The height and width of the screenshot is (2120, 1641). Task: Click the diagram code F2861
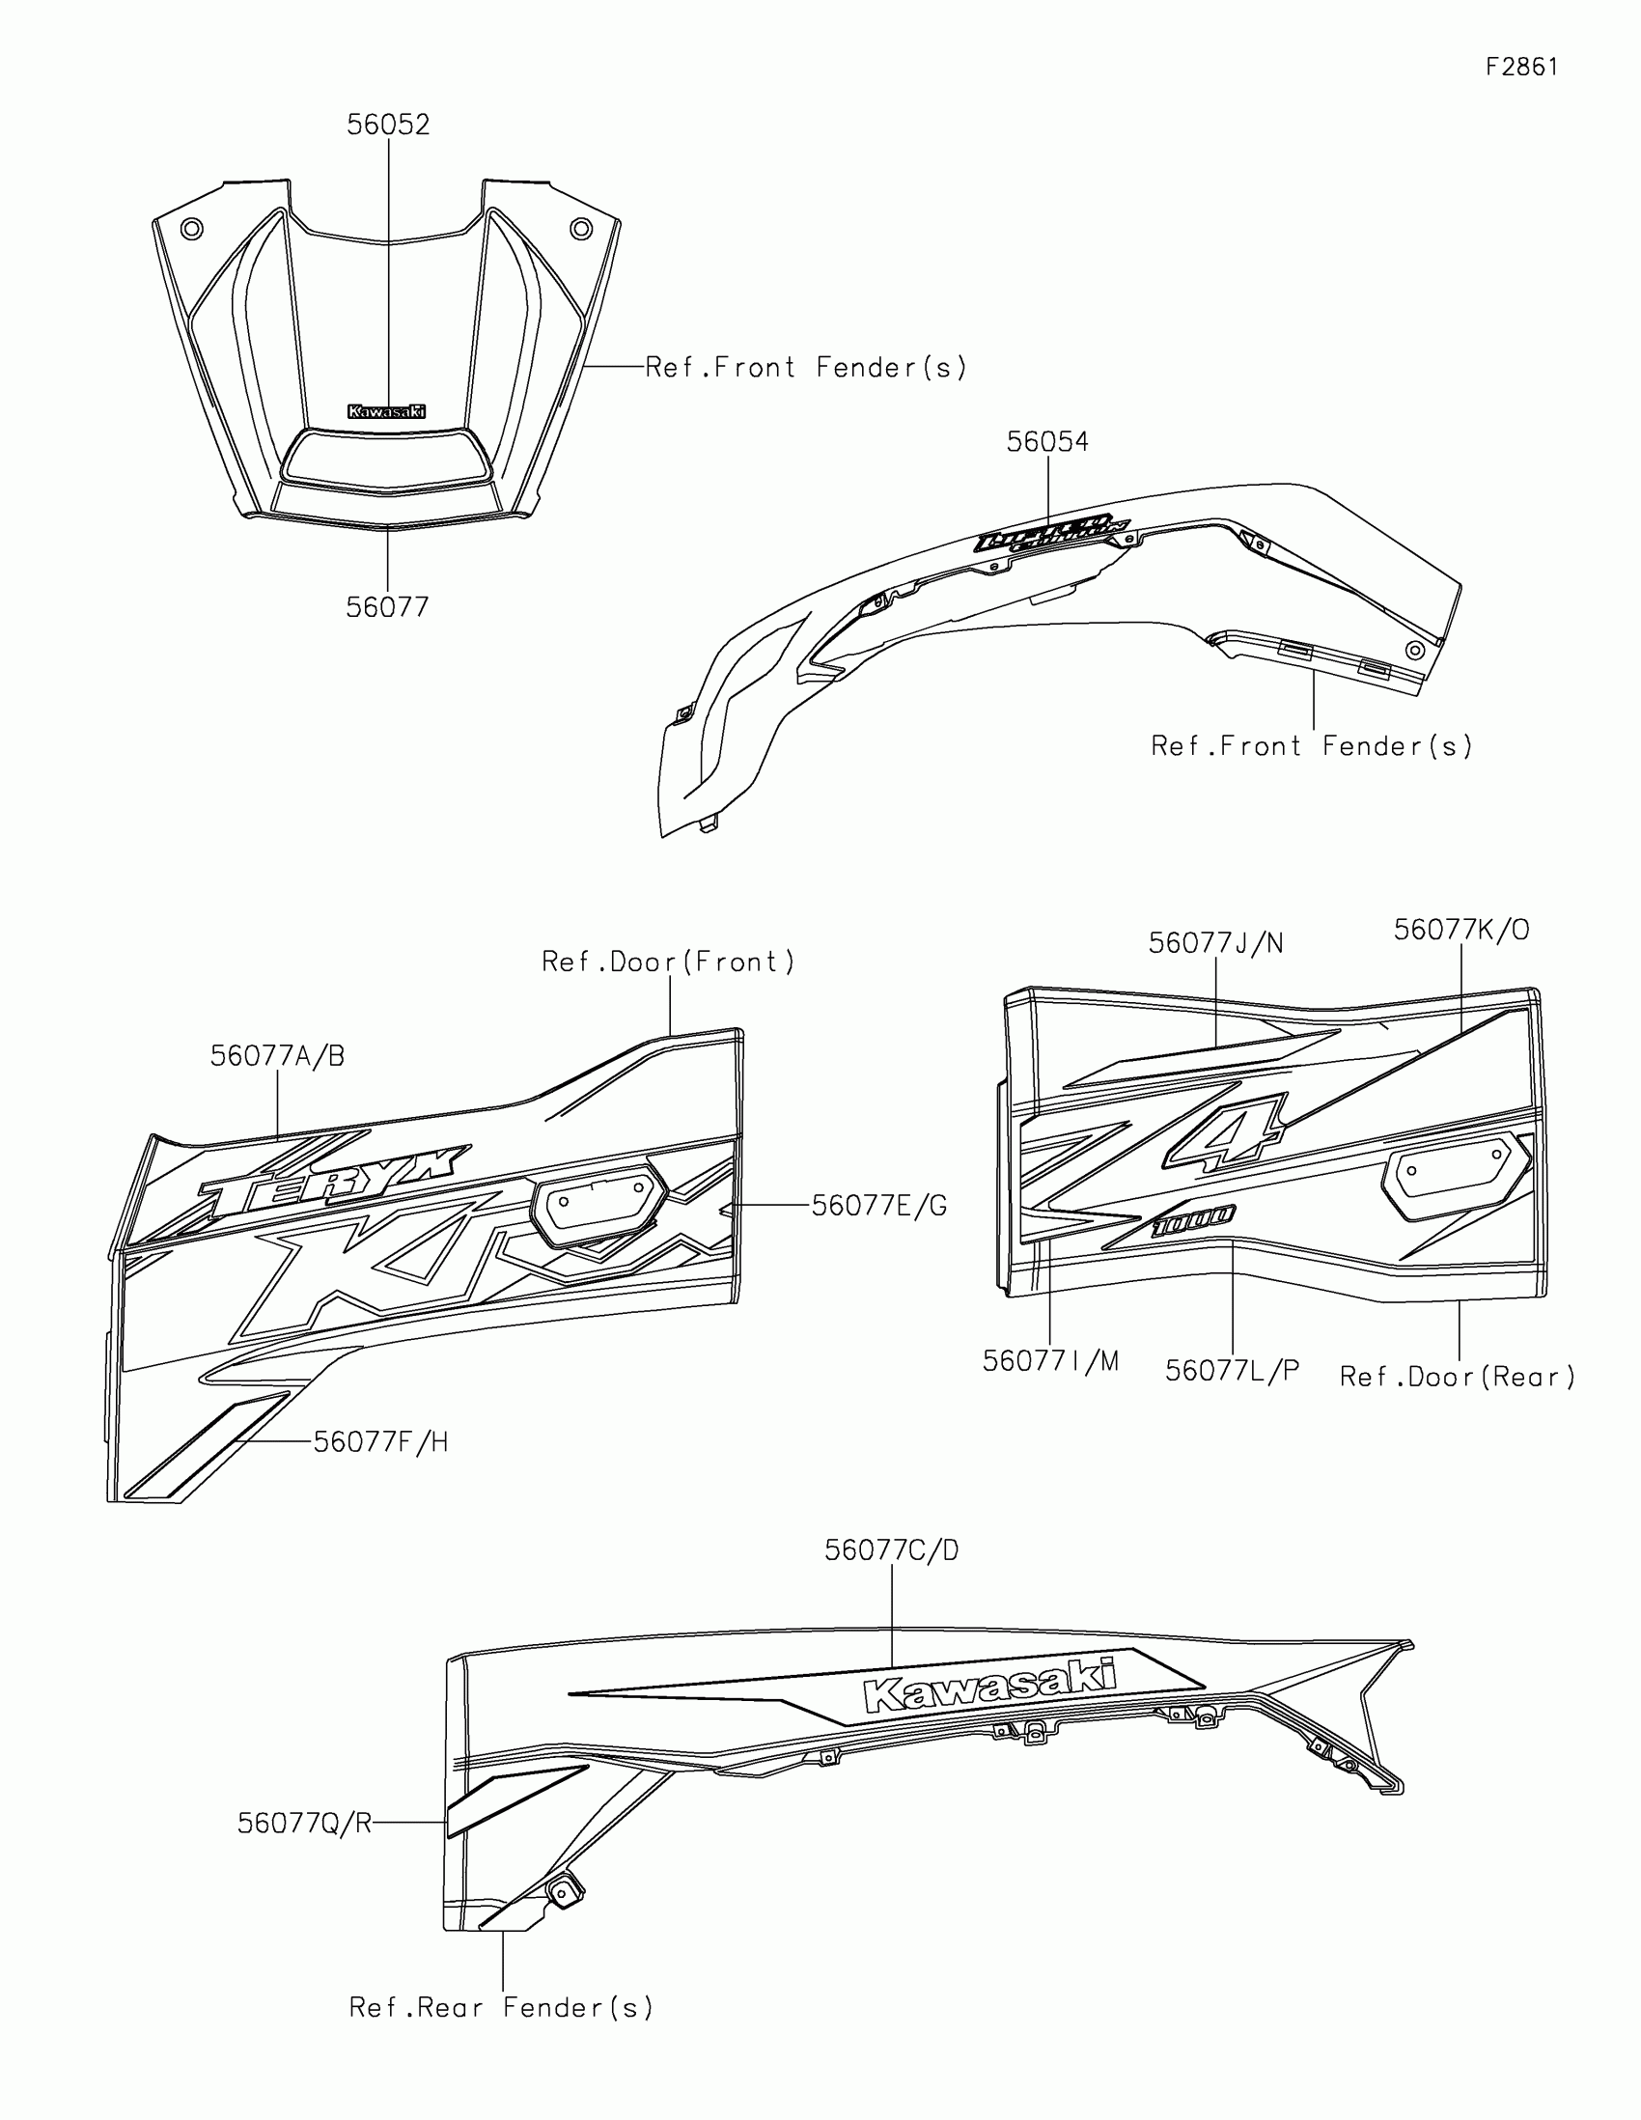(x=1521, y=67)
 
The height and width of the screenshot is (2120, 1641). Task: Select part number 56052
(x=388, y=126)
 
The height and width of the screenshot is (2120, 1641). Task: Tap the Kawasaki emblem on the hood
(x=386, y=411)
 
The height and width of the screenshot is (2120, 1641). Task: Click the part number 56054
(x=1047, y=442)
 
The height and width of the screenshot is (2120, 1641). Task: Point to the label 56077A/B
(x=278, y=1056)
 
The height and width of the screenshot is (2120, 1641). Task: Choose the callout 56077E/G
(x=878, y=1206)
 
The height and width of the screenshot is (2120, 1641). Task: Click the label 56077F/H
(x=380, y=1442)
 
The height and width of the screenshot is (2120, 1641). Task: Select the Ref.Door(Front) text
(x=668, y=962)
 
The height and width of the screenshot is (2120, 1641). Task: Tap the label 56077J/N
(x=1215, y=943)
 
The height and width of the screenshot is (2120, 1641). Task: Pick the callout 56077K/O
(x=1460, y=930)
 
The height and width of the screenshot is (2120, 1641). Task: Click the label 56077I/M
(x=1050, y=1362)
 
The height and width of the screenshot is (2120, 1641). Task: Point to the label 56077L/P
(x=1232, y=1371)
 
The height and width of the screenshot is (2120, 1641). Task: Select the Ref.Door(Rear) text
(x=1457, y=1377)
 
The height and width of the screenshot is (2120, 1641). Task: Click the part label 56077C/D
(x=891, y=1551)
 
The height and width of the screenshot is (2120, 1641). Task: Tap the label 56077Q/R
(x=305, y=1824)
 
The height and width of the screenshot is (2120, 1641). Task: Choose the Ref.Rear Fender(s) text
(x=501, y=2007)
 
